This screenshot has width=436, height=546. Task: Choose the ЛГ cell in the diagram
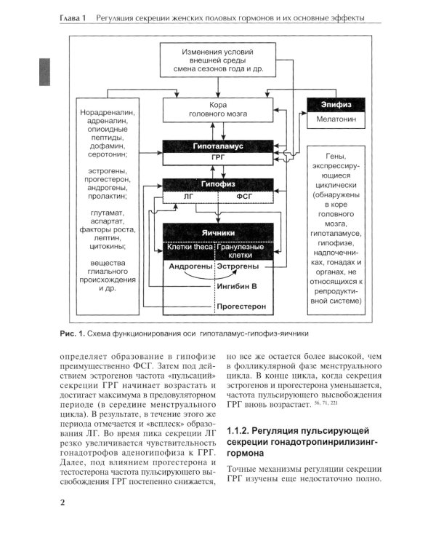coord(191,197)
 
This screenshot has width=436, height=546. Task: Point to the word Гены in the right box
coord(336,155)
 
